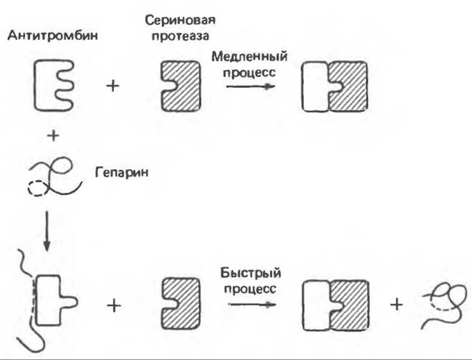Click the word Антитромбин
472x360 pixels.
53,36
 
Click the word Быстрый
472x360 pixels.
250,274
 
